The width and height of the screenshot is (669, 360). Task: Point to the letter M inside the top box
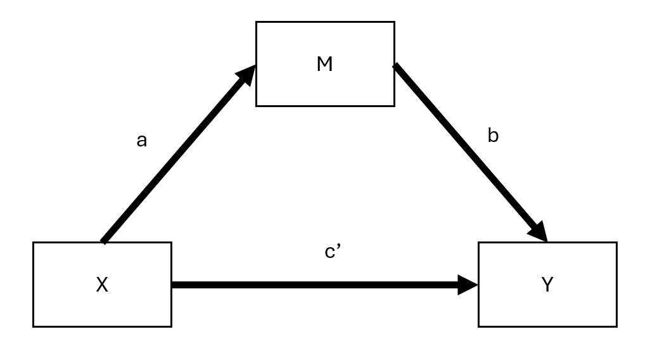point(324,64)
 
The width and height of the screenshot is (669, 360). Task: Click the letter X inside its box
point(102,285)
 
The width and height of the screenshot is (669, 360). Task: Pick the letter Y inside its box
point(547,285)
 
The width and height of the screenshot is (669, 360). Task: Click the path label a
point(141,141)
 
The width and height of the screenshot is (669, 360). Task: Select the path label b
point(493,136)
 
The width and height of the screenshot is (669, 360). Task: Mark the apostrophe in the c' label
point(340,248)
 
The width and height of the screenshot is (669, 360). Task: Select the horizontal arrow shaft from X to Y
point(310,285)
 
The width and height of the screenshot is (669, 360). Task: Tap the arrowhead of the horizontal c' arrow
point(468,285)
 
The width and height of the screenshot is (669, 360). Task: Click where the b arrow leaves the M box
point(396,66)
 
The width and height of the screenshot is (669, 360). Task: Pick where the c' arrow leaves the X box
point(174,285)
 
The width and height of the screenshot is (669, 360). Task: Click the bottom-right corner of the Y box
point(616,326)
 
